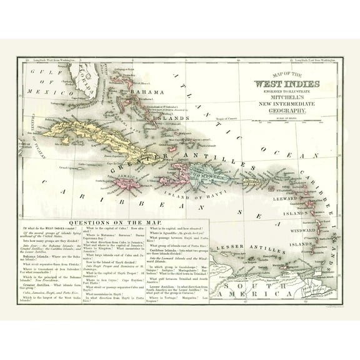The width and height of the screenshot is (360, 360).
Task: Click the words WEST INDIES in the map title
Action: [287, 84]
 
